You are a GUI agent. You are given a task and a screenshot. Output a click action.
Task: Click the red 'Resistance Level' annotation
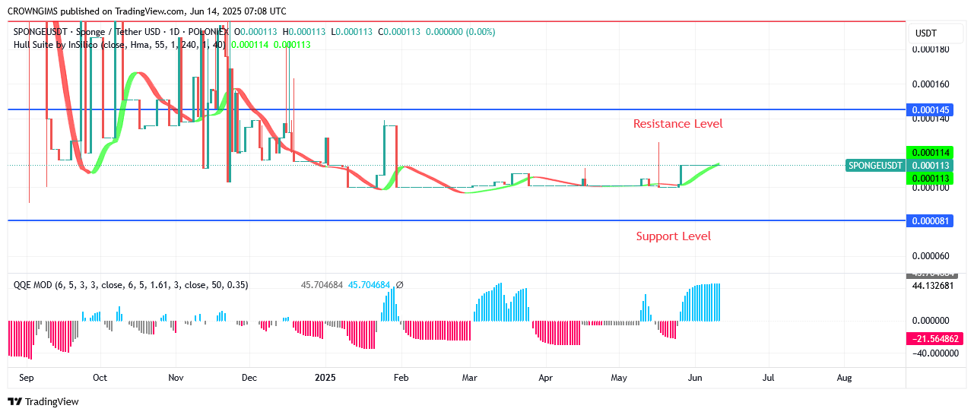point(677,123)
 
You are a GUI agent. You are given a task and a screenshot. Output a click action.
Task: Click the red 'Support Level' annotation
point(673,236)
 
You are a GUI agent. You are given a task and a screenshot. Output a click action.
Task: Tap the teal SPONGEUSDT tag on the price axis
point(874,165)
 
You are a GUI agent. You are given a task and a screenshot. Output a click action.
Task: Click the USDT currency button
point(925,33)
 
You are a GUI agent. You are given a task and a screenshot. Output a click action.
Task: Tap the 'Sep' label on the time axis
point(26,377)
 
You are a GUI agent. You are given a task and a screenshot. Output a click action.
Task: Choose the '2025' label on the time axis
point(325,377)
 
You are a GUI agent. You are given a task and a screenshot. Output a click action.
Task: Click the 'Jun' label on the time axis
point(693,377)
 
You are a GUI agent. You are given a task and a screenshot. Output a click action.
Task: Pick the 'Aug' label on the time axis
point(843,377)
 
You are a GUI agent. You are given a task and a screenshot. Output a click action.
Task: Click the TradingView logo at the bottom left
point(43,401)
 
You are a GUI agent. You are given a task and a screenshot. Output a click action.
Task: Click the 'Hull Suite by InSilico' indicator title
point(56,44)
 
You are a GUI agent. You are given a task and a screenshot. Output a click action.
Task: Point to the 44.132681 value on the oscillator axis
point(932,286)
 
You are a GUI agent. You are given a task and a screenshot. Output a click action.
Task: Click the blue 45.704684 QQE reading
point(369,285)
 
